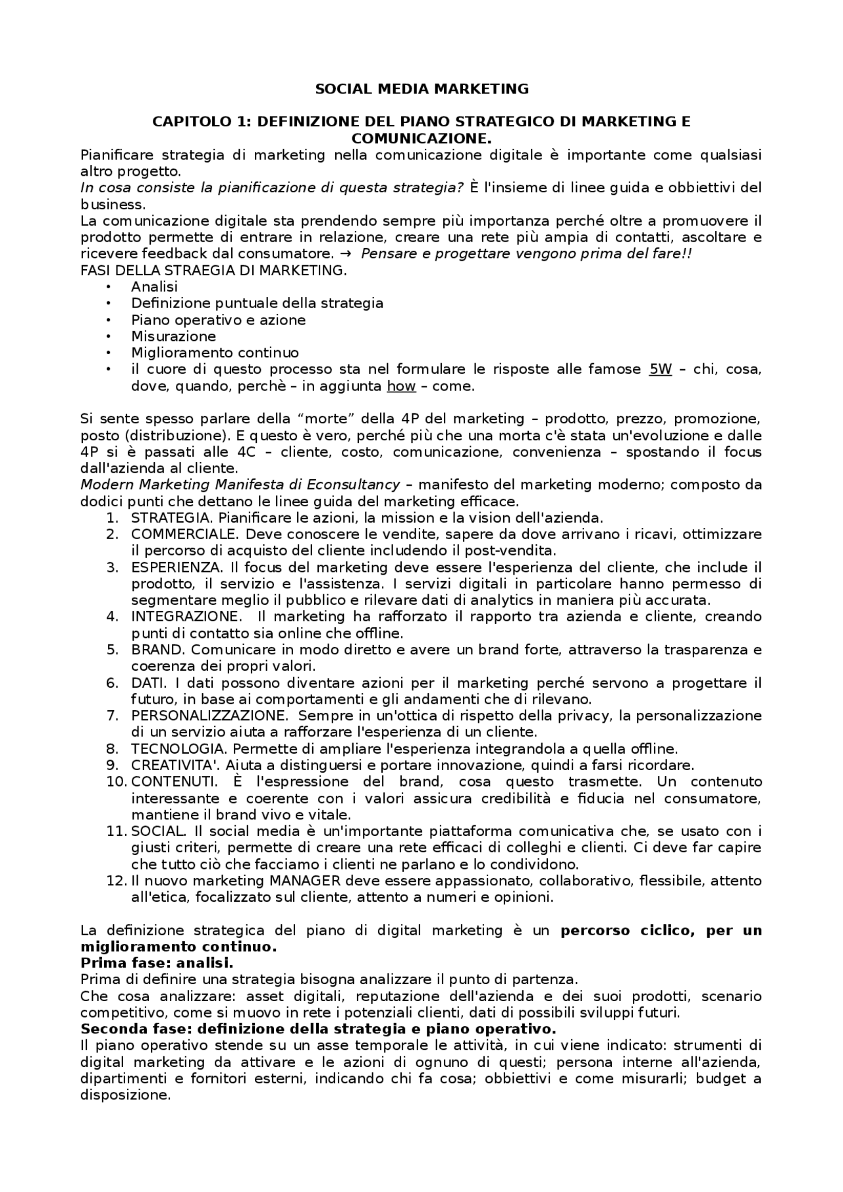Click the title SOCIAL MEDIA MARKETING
[421, 89]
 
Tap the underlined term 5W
[660, 369]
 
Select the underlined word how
[400, 386]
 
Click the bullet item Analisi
[154, 287]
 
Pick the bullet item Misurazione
[173, 336]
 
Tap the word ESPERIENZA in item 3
[175, 567]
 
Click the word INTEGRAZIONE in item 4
[186, 617]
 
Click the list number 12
[116, 881]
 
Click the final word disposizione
[124, 1095]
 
